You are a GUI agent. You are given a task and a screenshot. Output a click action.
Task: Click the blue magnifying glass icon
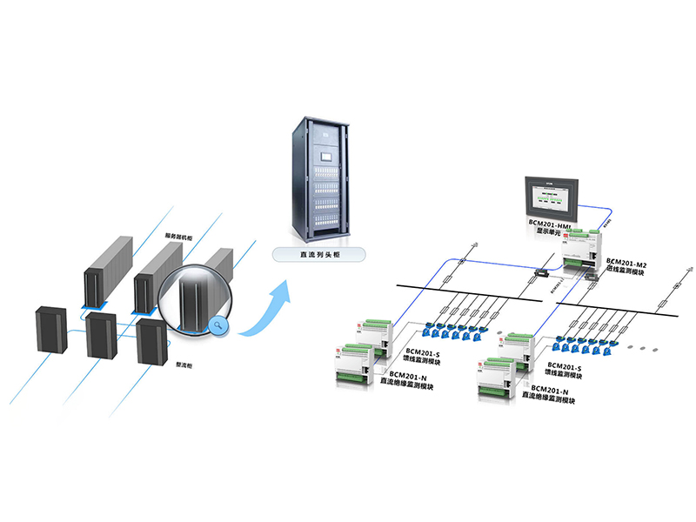click(x=218, y=326)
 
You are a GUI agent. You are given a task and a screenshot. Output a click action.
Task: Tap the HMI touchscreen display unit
click(x=548, y=198)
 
